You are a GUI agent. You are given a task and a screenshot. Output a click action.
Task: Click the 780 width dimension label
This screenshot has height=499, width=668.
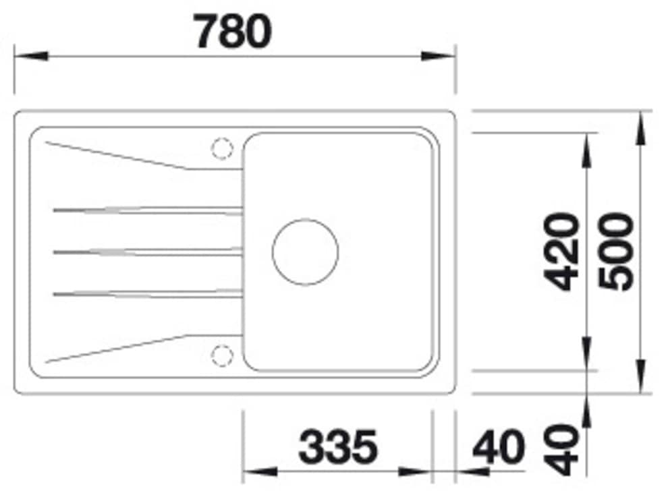[233, 31]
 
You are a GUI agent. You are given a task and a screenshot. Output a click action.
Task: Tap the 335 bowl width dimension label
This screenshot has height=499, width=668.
[338, 446]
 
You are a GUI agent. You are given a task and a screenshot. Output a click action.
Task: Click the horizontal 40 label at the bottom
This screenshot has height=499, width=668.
[499, 446]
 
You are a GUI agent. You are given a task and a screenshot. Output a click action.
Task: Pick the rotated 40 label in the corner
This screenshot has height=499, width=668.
[562, 450]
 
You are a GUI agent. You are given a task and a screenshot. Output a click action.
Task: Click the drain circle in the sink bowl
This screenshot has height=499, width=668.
[305, 252]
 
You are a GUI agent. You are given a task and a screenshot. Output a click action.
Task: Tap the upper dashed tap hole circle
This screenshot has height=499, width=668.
[222, 148]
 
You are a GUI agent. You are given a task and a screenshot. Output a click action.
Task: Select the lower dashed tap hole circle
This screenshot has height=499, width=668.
[222, 355]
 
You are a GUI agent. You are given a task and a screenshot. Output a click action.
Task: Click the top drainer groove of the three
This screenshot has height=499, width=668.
[147, 210]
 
